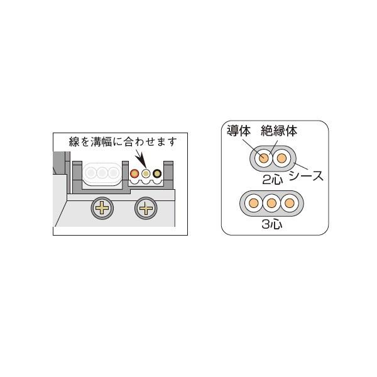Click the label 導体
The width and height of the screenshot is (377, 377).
pyautogui.click(x=239, y=131)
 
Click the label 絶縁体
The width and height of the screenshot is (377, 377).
pyautogui.click(x=279, y=131)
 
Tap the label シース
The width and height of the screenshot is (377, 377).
pyautogui.click(x=307, y=176)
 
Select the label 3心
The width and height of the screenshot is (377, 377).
pyautogui.click(x=272, y=224)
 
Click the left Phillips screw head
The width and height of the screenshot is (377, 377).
pyautogui.click(x=102, y=208)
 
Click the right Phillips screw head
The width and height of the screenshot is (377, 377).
pyautogui.click(x=146, y=208)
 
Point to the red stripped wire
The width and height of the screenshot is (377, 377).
pyautogui.click(x=134, y=173)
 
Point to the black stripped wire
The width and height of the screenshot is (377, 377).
pyautogui.click(x=157, y=173)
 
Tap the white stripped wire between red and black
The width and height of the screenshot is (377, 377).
pyautogui.click(x=146, y=173)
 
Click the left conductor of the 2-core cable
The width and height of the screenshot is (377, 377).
pyautogui.click(x=264, y=158)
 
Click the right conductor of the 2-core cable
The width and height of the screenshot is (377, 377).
pyautogui.click(x=281, y=158)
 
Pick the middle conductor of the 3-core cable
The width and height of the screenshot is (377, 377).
pyautogui.click(x=271, y=203)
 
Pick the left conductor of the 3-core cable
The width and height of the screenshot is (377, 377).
pyautogui.click(x=253, y=203)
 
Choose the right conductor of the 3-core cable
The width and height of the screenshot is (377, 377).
pyautogui.click(x=290, y=203)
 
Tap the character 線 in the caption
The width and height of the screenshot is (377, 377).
pyautogui.click(x=74, y=141)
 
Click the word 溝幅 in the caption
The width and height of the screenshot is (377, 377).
pyautogui.click(x=101, y=141)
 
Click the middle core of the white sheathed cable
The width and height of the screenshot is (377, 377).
pyautogui.click(x=102, y=172)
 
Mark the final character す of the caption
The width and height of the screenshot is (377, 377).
pyautogui.click(x=172, y=141)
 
